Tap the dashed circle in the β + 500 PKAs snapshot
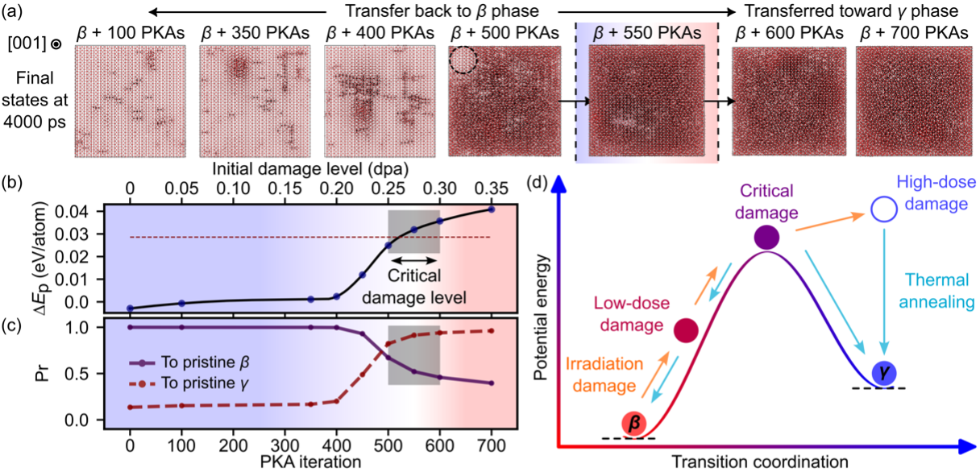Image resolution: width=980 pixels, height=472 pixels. click(463, 60)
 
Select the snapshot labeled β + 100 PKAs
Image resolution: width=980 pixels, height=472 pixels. click(131, 101)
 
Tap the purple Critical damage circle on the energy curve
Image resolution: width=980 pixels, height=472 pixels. click(766, 238)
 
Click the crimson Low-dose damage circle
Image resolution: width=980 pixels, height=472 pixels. click(685, 330)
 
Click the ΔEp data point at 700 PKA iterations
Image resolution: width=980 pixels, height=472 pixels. click(492, 209)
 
